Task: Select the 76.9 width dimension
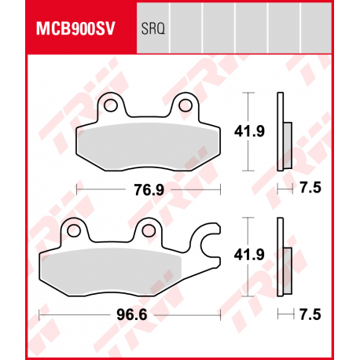pos(149,189)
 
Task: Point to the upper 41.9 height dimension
pos(248,131)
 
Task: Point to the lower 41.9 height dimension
pos(248,254)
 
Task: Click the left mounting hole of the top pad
pos(112,105)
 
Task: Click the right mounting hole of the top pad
pos(186,105)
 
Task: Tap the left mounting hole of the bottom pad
pos(75,230)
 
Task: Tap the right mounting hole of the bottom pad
pos(147,230)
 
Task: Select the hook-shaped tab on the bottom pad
pos(211,239)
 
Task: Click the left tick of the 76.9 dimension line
pos(77,189)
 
